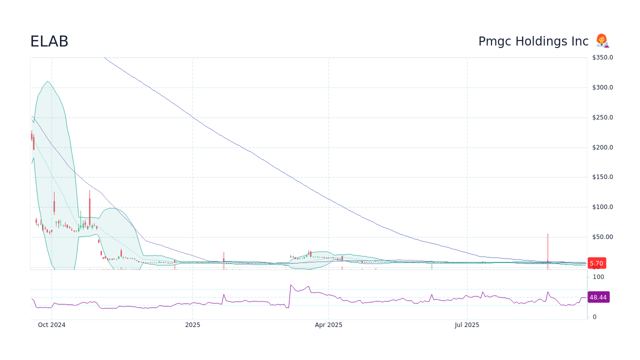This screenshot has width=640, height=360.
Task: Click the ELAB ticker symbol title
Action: coord(49,41)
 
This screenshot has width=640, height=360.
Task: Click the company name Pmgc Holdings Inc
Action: coord(533,41)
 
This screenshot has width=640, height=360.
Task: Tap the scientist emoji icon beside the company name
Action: coord(602,41)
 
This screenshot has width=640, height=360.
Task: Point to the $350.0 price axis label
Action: coord(602,57)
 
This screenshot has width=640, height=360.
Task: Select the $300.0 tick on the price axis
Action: coord(602,87)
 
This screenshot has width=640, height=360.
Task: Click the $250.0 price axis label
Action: coord(602,117)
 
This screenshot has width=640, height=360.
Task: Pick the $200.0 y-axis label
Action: coord(602,147)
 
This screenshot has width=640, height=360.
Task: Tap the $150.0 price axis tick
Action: coord(602,177)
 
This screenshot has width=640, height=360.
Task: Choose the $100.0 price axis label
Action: coord(602,207)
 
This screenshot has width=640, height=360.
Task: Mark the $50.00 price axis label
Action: coord(602,237)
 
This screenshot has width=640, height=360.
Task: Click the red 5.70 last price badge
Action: coord(596,263)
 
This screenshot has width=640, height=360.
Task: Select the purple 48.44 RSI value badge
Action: coord(598,297)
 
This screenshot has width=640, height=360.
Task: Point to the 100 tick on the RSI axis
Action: coord(598,277)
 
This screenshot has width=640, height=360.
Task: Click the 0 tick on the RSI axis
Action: coord(594,317)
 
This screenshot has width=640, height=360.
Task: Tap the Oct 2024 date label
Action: coord(51,325)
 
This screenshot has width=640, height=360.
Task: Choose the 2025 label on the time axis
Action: coord(192,325)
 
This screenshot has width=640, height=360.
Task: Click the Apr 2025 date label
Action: coord(328,325)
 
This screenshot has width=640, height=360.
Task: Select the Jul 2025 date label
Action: coord(467,325)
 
